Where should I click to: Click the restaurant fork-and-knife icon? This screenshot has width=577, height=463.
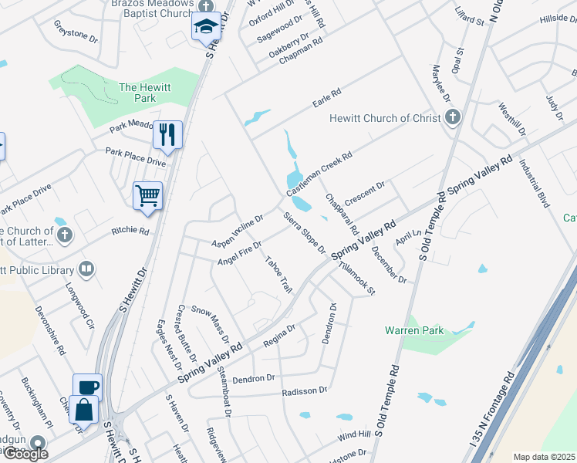[x=167, y=134]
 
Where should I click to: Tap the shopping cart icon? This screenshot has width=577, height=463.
[x=147, y=194]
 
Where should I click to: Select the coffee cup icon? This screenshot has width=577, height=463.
[x=87, y=386]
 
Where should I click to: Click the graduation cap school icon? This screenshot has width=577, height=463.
[x=205, y=26]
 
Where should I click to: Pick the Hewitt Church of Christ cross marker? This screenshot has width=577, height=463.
[x=453, y=118]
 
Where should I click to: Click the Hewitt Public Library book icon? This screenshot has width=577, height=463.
[x=87, y=269]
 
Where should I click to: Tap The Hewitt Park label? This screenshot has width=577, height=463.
[x=138, y=93]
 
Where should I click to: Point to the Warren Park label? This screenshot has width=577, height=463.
[x=414, y=330]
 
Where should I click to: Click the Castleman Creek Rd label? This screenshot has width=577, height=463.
[x=319, y=173]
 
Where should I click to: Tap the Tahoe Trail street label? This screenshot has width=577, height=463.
[x=279, y=274]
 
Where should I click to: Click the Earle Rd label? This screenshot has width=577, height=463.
[x=326, y=98]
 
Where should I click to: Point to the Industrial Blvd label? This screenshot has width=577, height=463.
[x=533, y=184]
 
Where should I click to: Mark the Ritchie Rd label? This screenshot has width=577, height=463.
[x=130, y=230]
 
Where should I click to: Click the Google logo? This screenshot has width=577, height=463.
[x=25, y=454]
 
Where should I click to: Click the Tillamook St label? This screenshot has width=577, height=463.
[x=356, y=279]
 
